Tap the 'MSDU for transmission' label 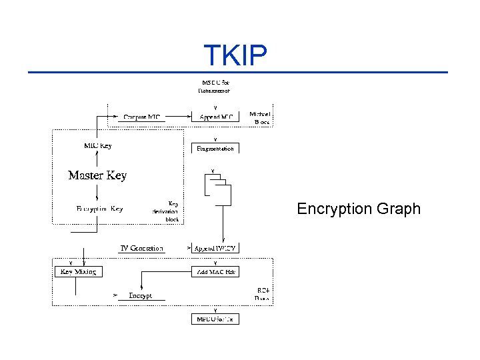tap(215, 87)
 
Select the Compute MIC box tap(143, 117)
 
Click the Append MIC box tap(215, 117)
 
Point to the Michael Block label tap(260, 118)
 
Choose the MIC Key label tap(97, 145)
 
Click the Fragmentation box tap(215, 148)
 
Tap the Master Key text tap(97, 175)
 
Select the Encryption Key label tap(99, 209)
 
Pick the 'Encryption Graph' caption tap(359, 209)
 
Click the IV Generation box tap(141, 249)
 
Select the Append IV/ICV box tap(215, 249)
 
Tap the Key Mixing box tap(78, 272)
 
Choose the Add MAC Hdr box tap(215, 272)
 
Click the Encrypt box tap(141, 295)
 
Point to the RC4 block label tap(263, 294)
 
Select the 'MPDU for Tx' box tap(215, 319)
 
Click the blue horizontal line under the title tap(237, 72)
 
